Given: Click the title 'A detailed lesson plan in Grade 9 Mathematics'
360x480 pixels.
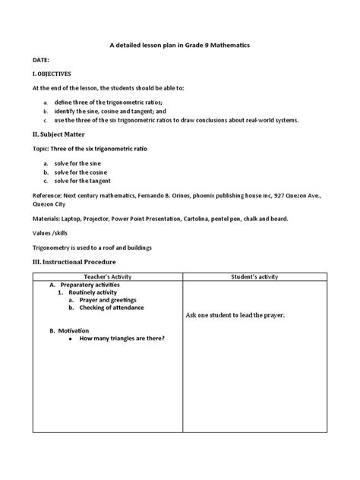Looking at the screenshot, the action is click(x=180, y=46).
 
